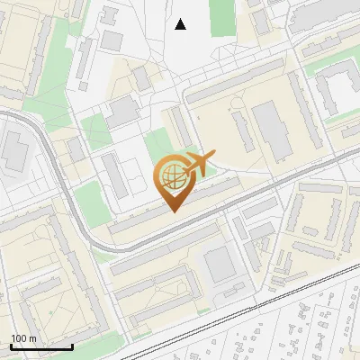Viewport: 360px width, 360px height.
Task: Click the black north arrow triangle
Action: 181,24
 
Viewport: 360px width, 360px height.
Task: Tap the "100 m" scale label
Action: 23,338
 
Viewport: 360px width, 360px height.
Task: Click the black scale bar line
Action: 41,346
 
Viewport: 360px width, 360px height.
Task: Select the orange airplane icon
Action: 199,164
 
